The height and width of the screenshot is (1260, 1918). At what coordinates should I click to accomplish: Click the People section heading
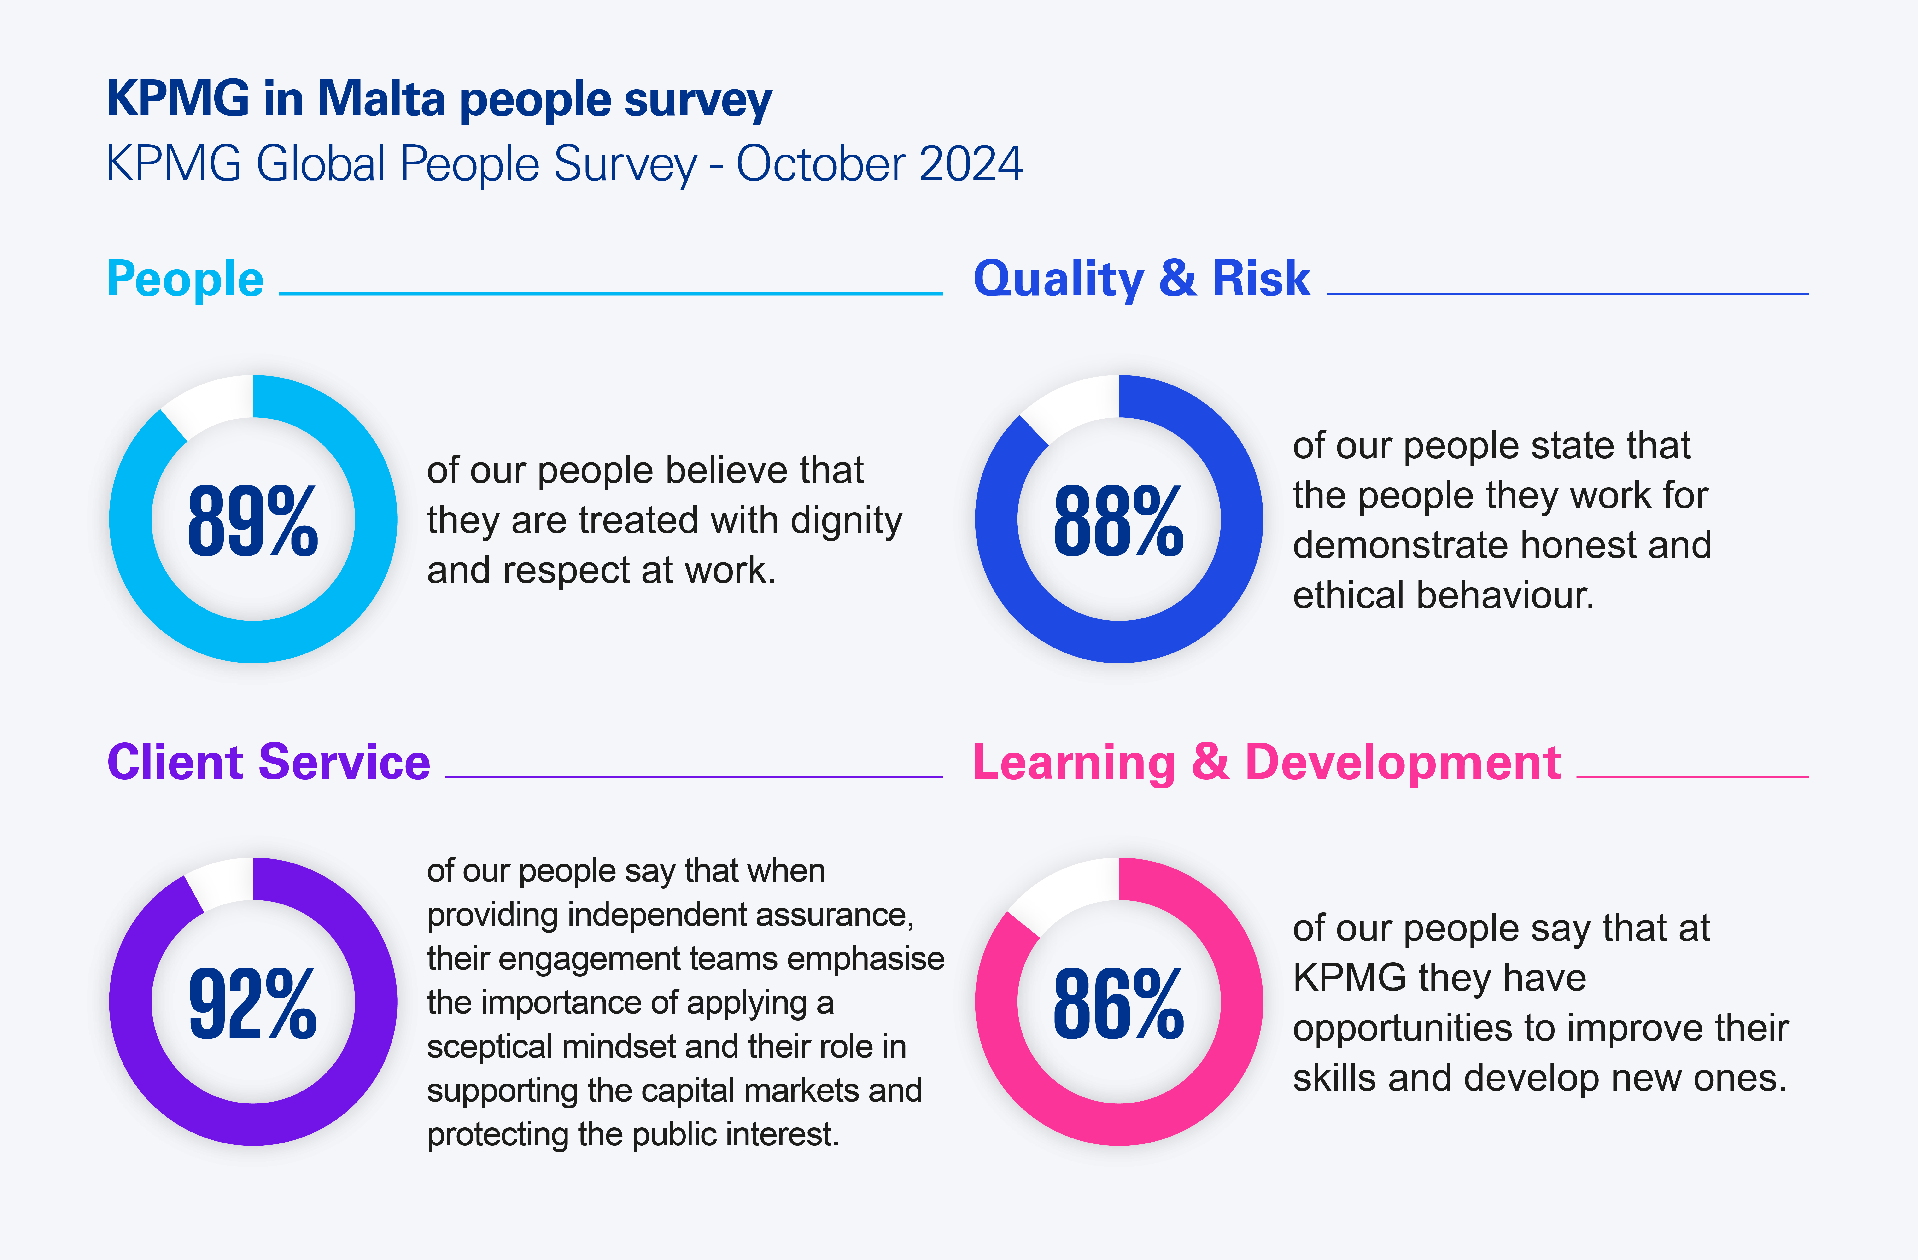tap(185, 280)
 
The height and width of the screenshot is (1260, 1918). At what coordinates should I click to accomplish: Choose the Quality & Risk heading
tap(1141, 280)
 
